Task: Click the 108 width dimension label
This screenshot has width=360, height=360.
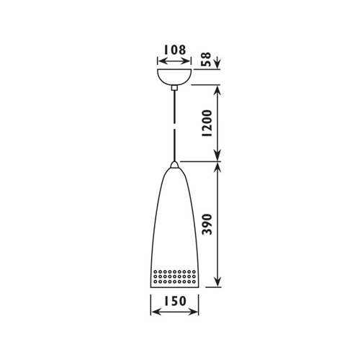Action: (x=175, y=50)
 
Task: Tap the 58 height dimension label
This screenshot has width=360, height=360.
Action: (x=206, y=59)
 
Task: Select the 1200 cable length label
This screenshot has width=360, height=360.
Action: (x=207, y=123)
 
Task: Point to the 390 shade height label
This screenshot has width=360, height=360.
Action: (x=207, y=224)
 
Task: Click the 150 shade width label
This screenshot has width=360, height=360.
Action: (x=175, y=301)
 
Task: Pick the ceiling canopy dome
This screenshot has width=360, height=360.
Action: (x=174, y=76)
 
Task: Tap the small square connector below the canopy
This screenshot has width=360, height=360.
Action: (x=174, y=88)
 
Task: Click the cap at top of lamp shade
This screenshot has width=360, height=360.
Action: (x=174, y=165)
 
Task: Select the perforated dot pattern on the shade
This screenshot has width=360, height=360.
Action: (x=174, y=276)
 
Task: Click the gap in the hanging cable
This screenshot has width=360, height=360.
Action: (x=174, y=127)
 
